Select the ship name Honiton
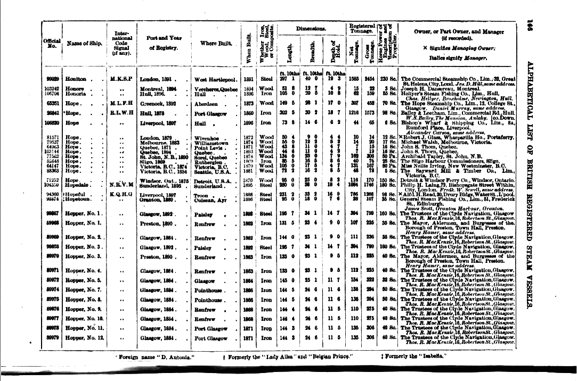click(75, 79)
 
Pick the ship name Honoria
click(76, 93)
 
